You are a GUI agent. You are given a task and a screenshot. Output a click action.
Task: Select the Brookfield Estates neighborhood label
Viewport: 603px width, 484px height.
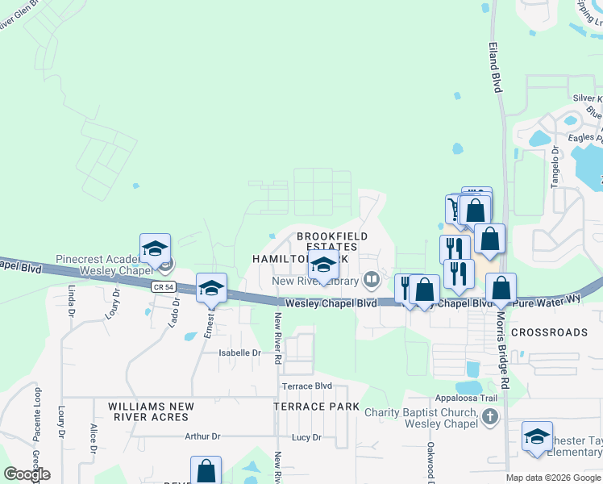tap(331, 241)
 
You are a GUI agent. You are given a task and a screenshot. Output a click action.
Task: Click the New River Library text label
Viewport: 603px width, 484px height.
tap(314, 281)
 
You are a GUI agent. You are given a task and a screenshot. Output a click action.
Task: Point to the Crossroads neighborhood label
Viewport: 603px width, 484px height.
tap(549, 332)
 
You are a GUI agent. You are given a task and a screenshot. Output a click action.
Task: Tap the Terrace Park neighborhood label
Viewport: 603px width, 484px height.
tap(316, 407)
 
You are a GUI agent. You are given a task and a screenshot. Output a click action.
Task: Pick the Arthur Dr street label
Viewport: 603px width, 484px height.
tap(202, 436)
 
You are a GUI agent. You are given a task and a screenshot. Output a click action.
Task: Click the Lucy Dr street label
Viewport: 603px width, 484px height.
tap(306, 437)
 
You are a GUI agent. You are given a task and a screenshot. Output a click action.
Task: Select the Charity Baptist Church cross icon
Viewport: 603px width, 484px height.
tap(489, 417)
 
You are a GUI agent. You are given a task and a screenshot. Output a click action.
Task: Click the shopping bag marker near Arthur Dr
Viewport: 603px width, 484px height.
tap(206, 471)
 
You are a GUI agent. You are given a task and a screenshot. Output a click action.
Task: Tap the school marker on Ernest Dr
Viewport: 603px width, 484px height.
tap(211, 289)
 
